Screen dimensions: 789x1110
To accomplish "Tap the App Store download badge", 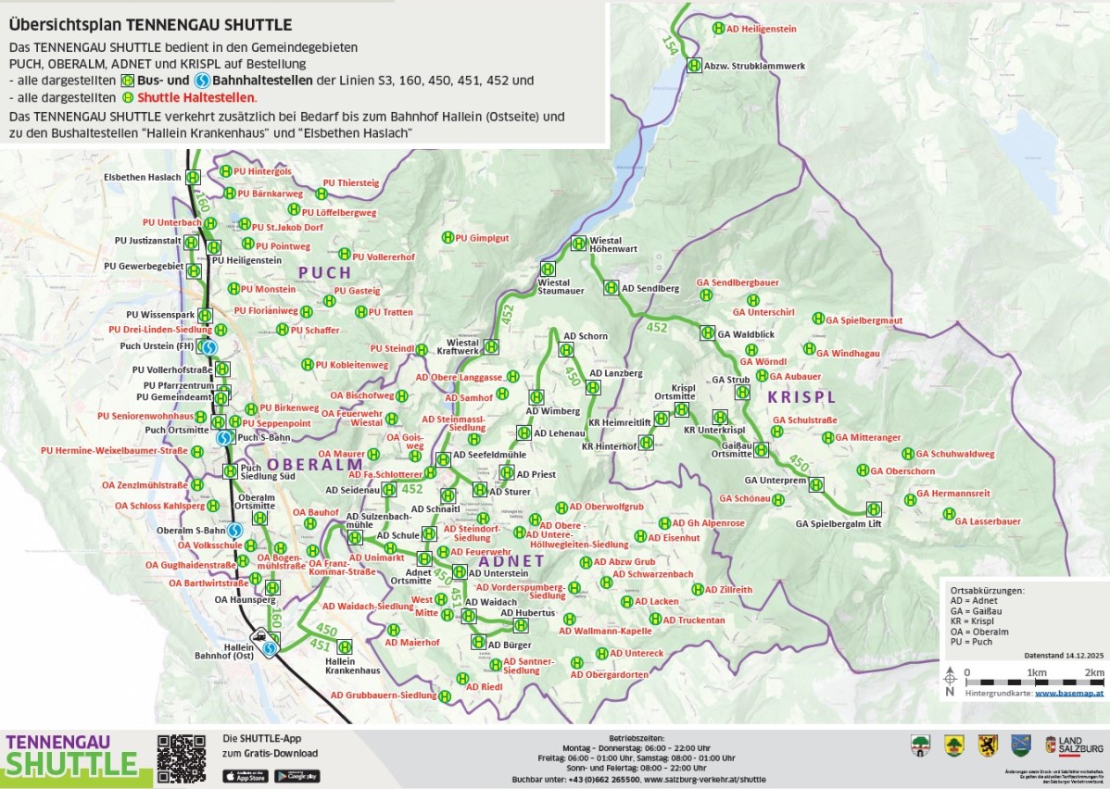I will pyautogui.click(x=245, y=776).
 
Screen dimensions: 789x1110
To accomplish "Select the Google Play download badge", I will pyautogui.click(x=296, y=776).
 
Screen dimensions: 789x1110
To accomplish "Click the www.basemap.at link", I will pyautogui.click(x=1068, y=693).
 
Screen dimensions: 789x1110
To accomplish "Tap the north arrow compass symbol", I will pyautogui.click(x=950, y=680).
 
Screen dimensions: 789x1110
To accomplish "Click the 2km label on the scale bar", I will pyautogui.click(x=1094, y=672).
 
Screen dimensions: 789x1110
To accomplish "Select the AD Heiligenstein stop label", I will pyautogui.click(x=762, y=29).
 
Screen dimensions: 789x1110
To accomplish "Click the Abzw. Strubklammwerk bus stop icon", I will pyautogui.click(x=695, y=65).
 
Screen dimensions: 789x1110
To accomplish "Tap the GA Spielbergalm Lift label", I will pyautogui.click(x=838, y=524).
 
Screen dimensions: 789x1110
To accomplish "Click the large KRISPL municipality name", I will pyautogui.click(x=801, y=396).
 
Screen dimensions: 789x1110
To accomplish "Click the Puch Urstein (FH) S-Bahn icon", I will pyautogui.click(x=209, y=347).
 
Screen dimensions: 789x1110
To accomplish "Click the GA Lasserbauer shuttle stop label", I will pyautogui.click(x=988, y=521).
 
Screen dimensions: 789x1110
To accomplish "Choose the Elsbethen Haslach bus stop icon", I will pyautogui.click(x=193, y=178).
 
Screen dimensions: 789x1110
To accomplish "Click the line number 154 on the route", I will pyautogui.click(x=670, y=43).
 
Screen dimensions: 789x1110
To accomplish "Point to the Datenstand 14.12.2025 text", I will pyautogui.click(x=1064, y=654).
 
